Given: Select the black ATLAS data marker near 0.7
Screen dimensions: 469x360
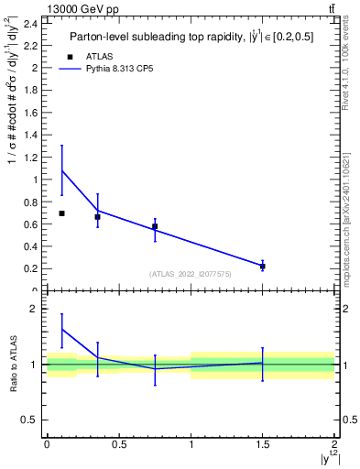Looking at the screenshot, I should tap(61, 213).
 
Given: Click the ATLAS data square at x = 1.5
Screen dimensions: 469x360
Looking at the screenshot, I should tap(263, 266).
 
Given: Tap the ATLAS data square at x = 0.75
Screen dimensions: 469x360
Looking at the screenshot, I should tap(155, 226).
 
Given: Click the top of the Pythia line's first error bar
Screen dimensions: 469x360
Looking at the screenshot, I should tap(61, 145).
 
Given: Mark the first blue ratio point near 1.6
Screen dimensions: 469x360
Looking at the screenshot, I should tap(61, 330).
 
